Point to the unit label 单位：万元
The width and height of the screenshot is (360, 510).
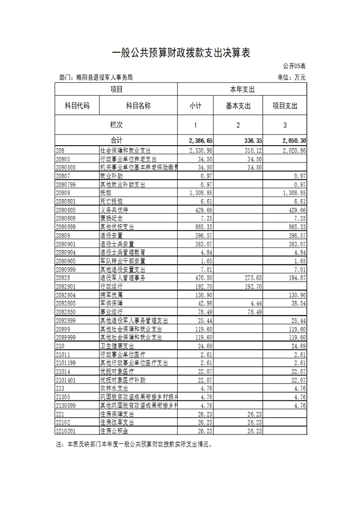pos(291,78)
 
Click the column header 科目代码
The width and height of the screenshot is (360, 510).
pos(77,106)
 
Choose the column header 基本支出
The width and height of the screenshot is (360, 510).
pos(238,106)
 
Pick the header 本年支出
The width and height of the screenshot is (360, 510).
pos(242,89)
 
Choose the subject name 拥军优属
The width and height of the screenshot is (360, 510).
pos(112,294)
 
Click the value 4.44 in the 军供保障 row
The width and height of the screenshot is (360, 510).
pos(256,303)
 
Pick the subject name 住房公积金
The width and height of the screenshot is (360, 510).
pos(115,431)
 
